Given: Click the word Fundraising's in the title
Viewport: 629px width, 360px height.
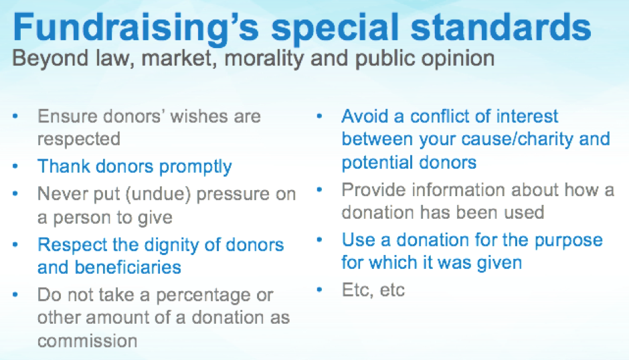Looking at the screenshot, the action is [136, 28].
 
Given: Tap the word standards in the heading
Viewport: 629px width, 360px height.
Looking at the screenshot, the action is [501, 27].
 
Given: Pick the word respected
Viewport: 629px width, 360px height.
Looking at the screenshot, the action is [79, 140].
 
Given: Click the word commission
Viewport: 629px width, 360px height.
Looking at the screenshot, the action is [88, 341].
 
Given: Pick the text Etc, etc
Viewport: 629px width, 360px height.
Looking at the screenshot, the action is [373, 290].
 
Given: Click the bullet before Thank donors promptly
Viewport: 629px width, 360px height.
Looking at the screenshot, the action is [15, 165].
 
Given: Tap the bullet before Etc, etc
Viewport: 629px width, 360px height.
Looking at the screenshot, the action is [319, 289].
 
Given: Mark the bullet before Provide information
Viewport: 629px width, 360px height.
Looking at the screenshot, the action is [319, 189].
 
